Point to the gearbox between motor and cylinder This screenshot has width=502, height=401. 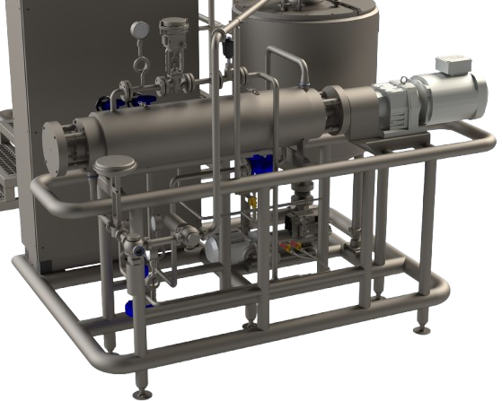[x=392, y=107]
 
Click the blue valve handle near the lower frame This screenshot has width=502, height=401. [x=130, y=309]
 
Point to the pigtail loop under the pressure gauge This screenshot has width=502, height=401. [x=140, y=65]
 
